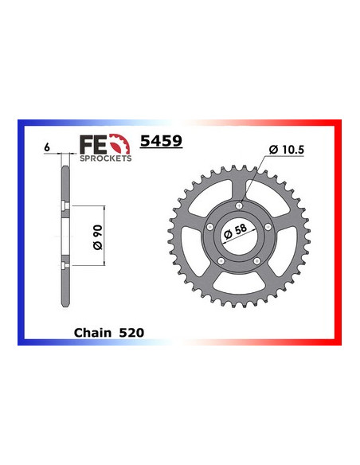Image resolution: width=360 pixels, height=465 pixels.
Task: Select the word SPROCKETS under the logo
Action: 106,158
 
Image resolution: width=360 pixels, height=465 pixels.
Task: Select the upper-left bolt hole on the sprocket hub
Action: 210,227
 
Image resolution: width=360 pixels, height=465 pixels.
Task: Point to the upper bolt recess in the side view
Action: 62,210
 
